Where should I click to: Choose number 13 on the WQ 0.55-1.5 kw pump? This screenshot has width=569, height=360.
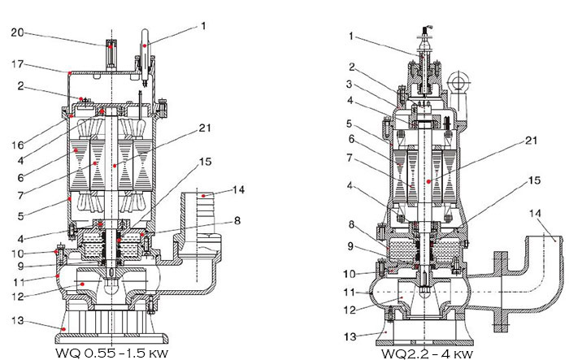17,321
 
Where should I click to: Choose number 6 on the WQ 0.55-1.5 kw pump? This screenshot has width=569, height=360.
19,175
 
